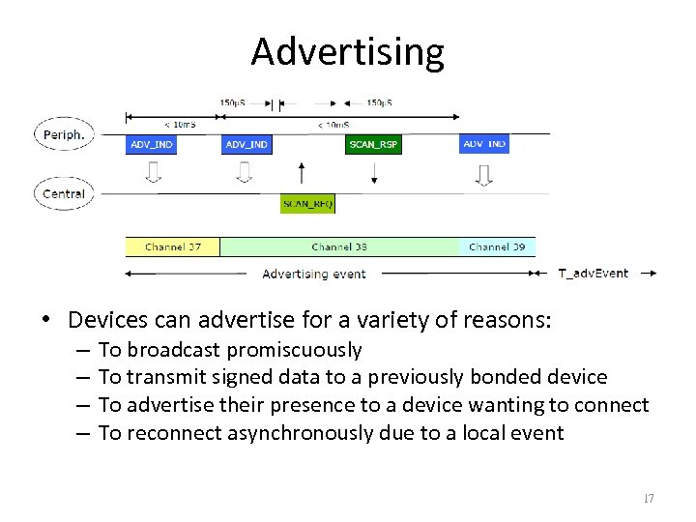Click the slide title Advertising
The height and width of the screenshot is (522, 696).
(x=347, y=51)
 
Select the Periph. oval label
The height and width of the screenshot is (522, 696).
(x=64, y=134)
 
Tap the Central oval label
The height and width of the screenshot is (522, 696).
(x=64, y=193)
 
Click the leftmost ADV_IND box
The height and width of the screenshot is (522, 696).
(x=151, y=144)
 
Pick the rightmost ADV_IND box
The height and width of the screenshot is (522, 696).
(x=484, y=144)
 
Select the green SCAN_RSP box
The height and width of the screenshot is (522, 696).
(x=373, y=144)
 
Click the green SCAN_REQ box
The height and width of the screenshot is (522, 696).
(x=307, y=204)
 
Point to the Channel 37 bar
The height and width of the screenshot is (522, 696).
(x=173, y=247)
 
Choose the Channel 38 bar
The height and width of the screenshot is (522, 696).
(x=339, y=247)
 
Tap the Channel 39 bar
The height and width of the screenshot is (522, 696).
(x=497, y=247)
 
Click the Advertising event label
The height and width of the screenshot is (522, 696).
(x=314, y=274)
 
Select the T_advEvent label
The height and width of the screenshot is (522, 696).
(x=594, y=274)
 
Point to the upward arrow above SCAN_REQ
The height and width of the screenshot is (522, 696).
(x=303, y=174)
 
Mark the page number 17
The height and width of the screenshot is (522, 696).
(x=648, y=499)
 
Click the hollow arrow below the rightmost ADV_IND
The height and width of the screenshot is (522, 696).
(x=484, y=173)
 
